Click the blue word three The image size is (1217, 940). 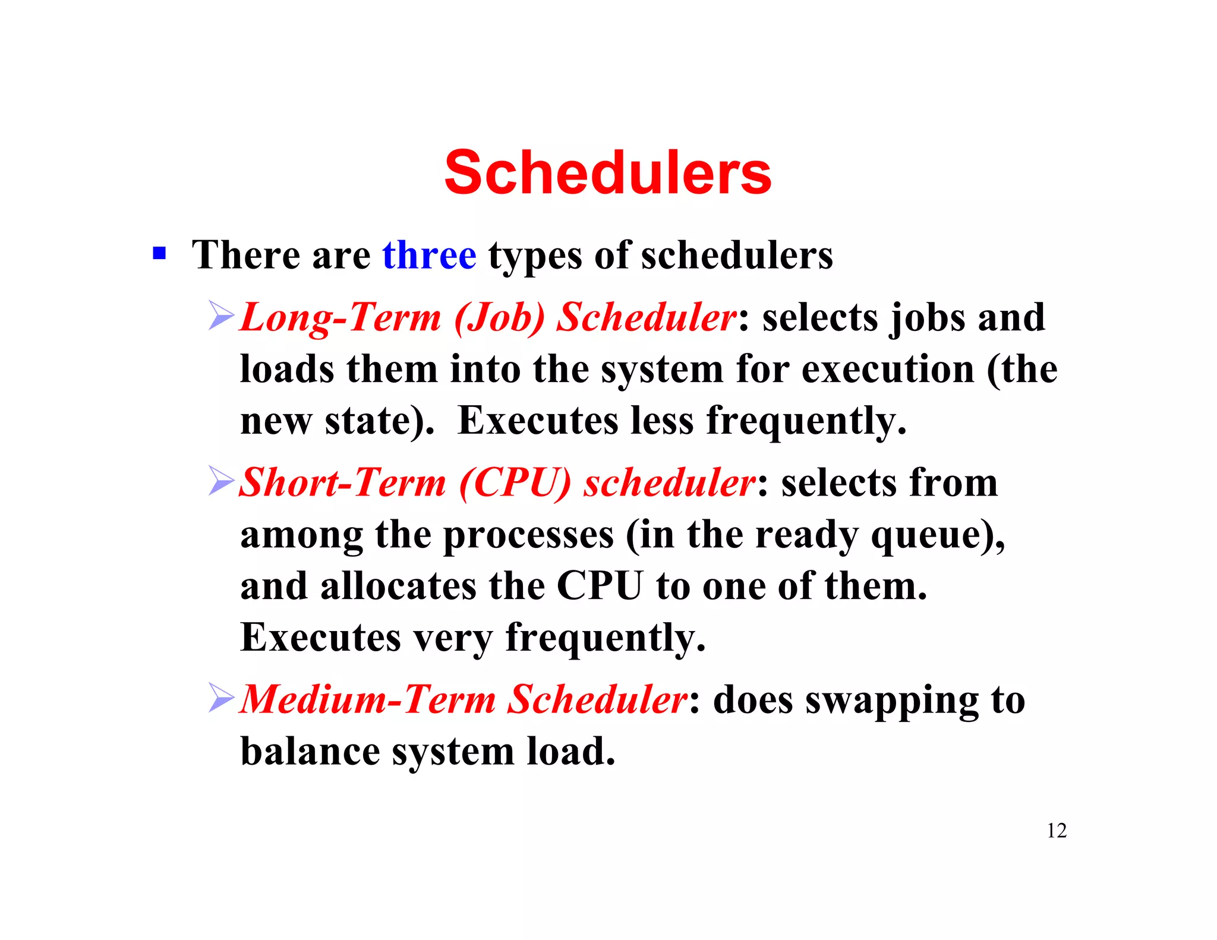[x=429, y=255]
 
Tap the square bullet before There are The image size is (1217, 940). [x=159, y=254]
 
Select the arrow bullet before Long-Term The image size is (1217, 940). [x=222, y=316]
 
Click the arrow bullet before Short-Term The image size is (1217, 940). [x=222, y=481]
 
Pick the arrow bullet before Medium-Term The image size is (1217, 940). [x=222, y=698]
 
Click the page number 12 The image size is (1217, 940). [x=1057, y=830]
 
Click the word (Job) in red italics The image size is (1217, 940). [x=499, y=317]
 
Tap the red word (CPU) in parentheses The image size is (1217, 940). [x=515, y=482]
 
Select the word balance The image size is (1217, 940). [x=310, y=751]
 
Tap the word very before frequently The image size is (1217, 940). [x=453, y=638]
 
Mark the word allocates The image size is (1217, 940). [x=398, y=586]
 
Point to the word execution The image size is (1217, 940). [x=888, y=370]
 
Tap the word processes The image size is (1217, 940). [x=528, y=535]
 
